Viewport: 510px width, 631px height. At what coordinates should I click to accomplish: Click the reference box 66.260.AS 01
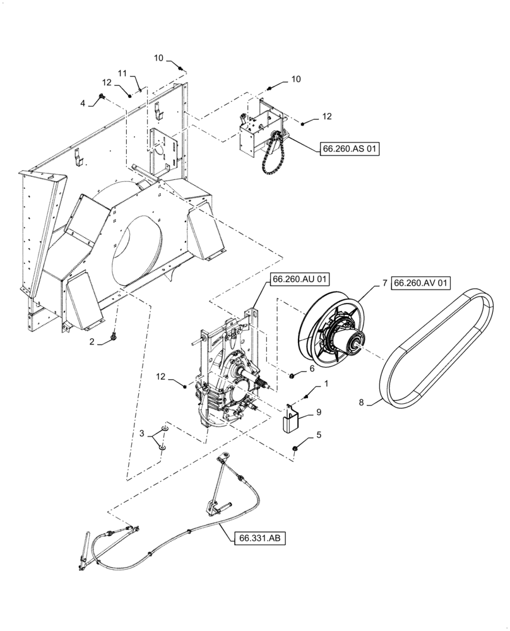click(350, 150)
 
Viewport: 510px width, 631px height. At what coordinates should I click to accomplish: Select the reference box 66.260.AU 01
click(301, 278)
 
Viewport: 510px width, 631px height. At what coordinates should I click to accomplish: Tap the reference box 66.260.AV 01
click(421, 284)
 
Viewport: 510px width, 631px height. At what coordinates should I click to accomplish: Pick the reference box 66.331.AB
click(259, 538)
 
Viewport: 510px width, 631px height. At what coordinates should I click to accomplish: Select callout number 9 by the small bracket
click(319, 411)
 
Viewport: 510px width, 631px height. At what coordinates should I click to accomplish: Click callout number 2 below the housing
click(92, 341)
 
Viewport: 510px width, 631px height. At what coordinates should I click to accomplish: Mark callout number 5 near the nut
click(319, 434)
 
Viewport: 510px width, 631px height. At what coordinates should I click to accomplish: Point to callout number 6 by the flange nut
click(311, 367)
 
